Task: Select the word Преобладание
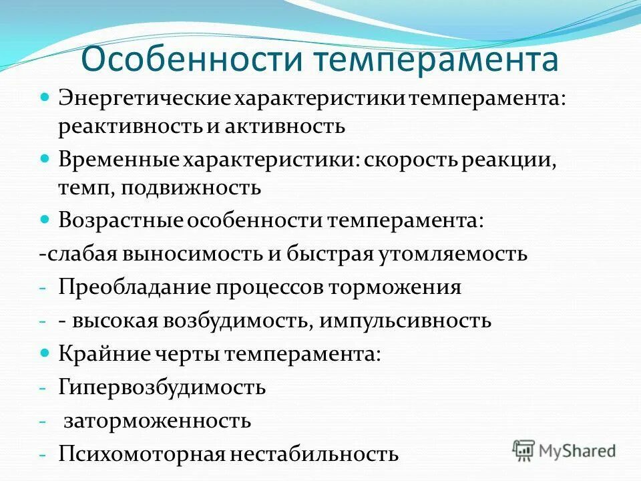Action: pos(134,287)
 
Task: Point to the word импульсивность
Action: pos(405,321)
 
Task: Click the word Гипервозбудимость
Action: pos(162,387)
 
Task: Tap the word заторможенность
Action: pos(157,421)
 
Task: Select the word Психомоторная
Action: pos(140,454)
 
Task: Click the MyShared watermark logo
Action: pos(564,450)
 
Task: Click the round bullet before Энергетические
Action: pos(45,98)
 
